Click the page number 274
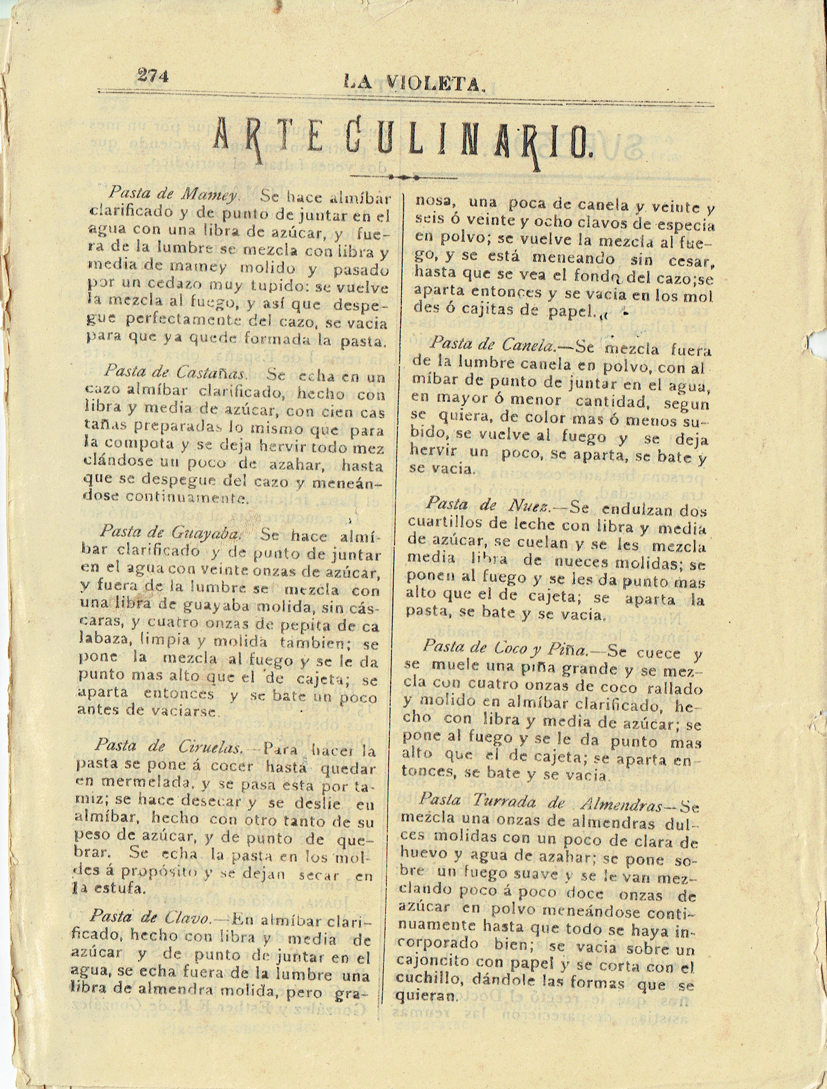(x=153, y=76)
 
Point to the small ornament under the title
(x=403, y=176)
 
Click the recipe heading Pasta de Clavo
(x=150, y=916)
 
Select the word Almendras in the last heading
(x=621, y=806)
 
